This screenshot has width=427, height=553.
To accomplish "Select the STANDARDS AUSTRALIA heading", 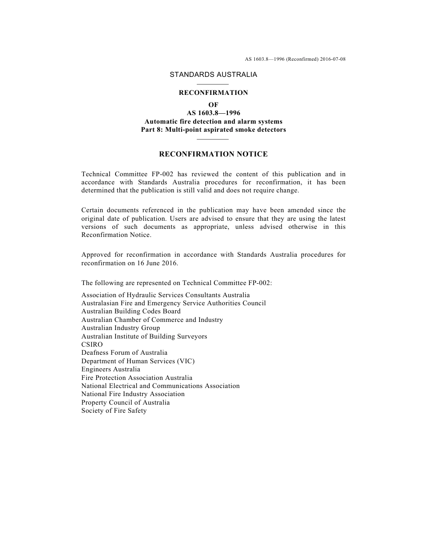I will click(213, 75).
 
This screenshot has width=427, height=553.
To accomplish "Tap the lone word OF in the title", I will click(213, 105).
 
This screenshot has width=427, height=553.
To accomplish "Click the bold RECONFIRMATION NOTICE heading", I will click(213, 154).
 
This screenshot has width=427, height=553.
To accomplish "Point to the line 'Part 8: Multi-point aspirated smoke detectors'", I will click(213, 129).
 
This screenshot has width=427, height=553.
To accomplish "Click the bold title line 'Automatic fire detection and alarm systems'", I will click(213, 121).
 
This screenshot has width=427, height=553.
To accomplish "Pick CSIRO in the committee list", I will click(92, 344).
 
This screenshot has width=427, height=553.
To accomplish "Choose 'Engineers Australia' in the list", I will click(111, 369).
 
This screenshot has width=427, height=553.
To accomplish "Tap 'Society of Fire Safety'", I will click(114, 410).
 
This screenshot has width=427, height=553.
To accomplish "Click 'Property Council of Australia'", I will click(125, 402).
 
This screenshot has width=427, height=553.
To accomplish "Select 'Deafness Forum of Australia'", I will click(124, 352).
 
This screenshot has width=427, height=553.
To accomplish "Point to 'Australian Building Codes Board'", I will click(131, 311).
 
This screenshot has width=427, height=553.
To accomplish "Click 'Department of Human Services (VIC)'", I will click(138, 361).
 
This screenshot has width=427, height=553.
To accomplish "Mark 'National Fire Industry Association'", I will click(133, 394).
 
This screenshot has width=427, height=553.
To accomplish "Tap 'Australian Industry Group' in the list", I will click(120, 328).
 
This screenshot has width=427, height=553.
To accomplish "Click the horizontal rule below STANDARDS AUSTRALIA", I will click(213, 84).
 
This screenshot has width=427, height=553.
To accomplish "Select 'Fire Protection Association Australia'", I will click(137, 378).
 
